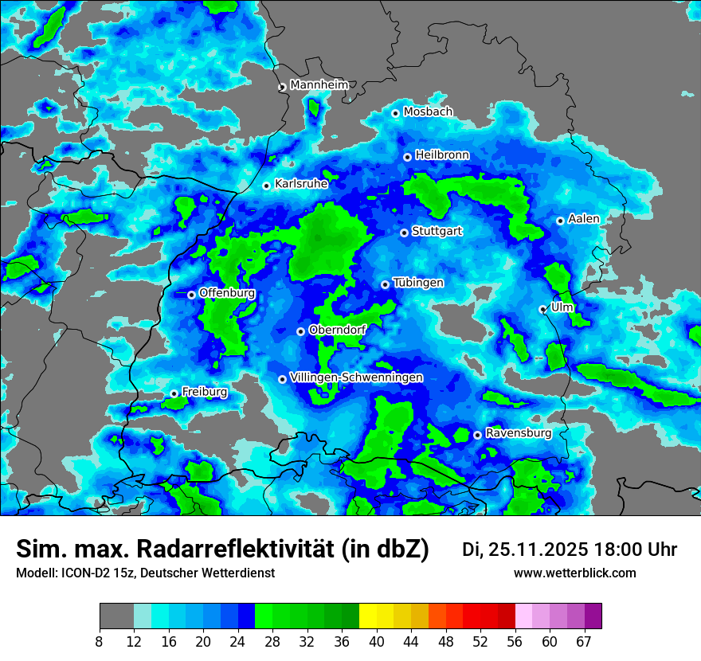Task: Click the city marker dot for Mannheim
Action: tap(282, 88)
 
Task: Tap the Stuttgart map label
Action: tap(437, 232)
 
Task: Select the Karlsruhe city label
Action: tap(301, 184)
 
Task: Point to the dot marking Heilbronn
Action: tap(407, 157)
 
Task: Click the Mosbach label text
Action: tap(428, 111)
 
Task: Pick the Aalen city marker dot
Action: tap(561, 221)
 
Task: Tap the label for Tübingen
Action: tap(418, 283)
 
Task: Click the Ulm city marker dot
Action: tap(543, 309)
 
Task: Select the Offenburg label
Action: tap(227, 293)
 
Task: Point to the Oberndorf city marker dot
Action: tap(300, 331)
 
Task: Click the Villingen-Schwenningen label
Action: tap(357, 377)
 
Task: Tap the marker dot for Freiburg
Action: tap(174, 393)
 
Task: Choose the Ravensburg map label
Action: tap(519, 433)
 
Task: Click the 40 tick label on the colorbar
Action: tap(377, 641)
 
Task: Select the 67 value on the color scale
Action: tap(584, 641)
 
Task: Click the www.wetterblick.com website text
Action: tap(574, 573)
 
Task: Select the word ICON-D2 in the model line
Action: tap(74, 573)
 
